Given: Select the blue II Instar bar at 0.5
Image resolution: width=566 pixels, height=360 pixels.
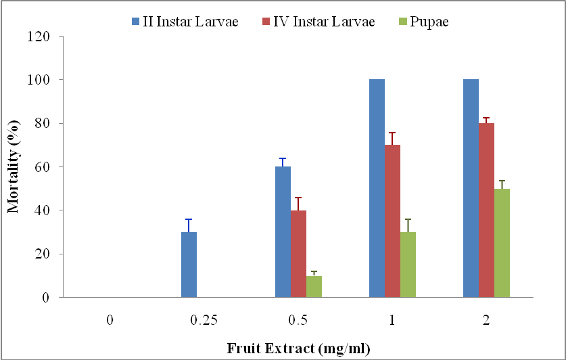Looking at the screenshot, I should click(x=283, y=232).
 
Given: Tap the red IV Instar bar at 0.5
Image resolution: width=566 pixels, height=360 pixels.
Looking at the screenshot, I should click(x=298, y=254).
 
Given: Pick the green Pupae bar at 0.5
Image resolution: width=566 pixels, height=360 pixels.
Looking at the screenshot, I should click(x=314, y=286).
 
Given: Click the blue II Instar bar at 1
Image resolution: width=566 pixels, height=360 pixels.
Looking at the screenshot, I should click(x=377, y=188).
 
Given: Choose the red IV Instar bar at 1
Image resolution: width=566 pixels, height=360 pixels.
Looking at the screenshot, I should click(x=392, y=221).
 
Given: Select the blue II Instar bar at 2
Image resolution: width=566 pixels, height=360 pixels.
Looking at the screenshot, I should click(x=471, y=188).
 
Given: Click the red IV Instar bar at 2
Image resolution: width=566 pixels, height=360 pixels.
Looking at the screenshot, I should click(x=486, y=210).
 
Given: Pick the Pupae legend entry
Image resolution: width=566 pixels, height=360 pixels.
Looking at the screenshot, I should click(x=423, y=21).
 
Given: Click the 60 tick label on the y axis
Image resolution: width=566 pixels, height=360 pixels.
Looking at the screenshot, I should click(x=47, y=167).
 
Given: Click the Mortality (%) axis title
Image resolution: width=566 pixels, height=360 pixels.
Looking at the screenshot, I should click(x=14, y=166).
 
